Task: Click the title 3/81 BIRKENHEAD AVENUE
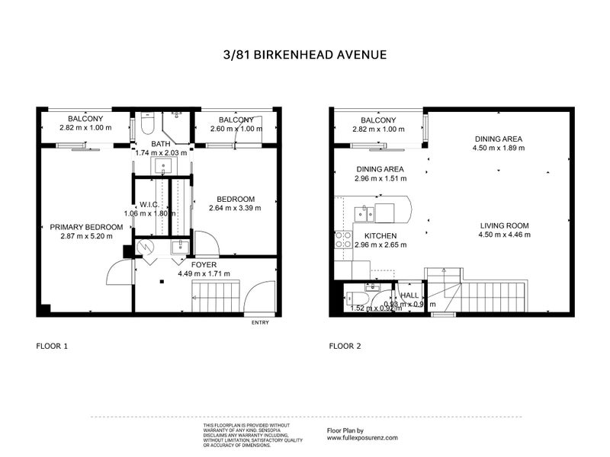(x=305, y=55)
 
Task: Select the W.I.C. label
(x=149, y=204)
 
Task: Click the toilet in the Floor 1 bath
(x=148, y=123)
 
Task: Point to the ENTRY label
(x=260, y=323)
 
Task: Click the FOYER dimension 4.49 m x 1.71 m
(x=204, y=274)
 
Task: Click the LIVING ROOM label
(x=504, y=225)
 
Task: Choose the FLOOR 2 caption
(x=345, y=346)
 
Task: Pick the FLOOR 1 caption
(x=53, y=346)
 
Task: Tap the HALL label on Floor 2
(x=409, y=295)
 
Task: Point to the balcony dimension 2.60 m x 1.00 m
(x=236, y=129)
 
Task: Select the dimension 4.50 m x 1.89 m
(x=499, y=149)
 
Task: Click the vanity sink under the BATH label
(x=162, y=165)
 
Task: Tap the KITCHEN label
(x=378, y=236)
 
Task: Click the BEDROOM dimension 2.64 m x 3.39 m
(x=236, y=209)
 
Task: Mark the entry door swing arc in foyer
(x=258, y=288)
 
